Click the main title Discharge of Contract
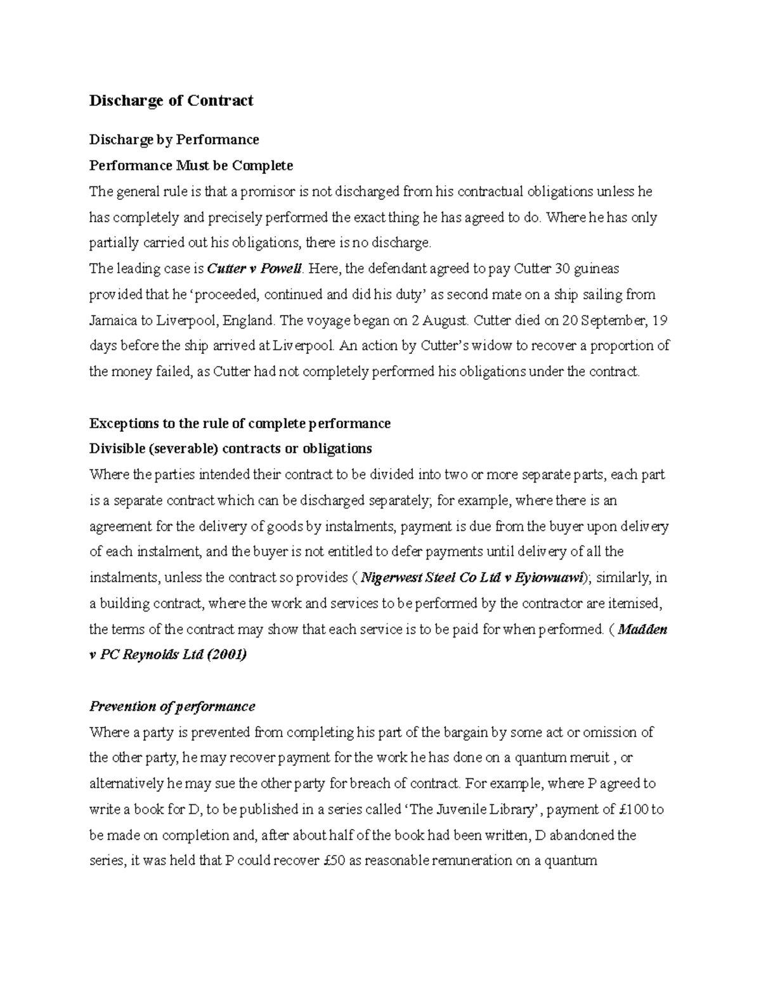pos(171,101)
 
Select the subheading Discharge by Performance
pos(174,140)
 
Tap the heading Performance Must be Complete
pos(191,166)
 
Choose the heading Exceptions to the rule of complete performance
pos(240,423)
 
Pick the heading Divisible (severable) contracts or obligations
pos(231,449)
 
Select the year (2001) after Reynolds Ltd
pos(226,655)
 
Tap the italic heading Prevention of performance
pos(172,707)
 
